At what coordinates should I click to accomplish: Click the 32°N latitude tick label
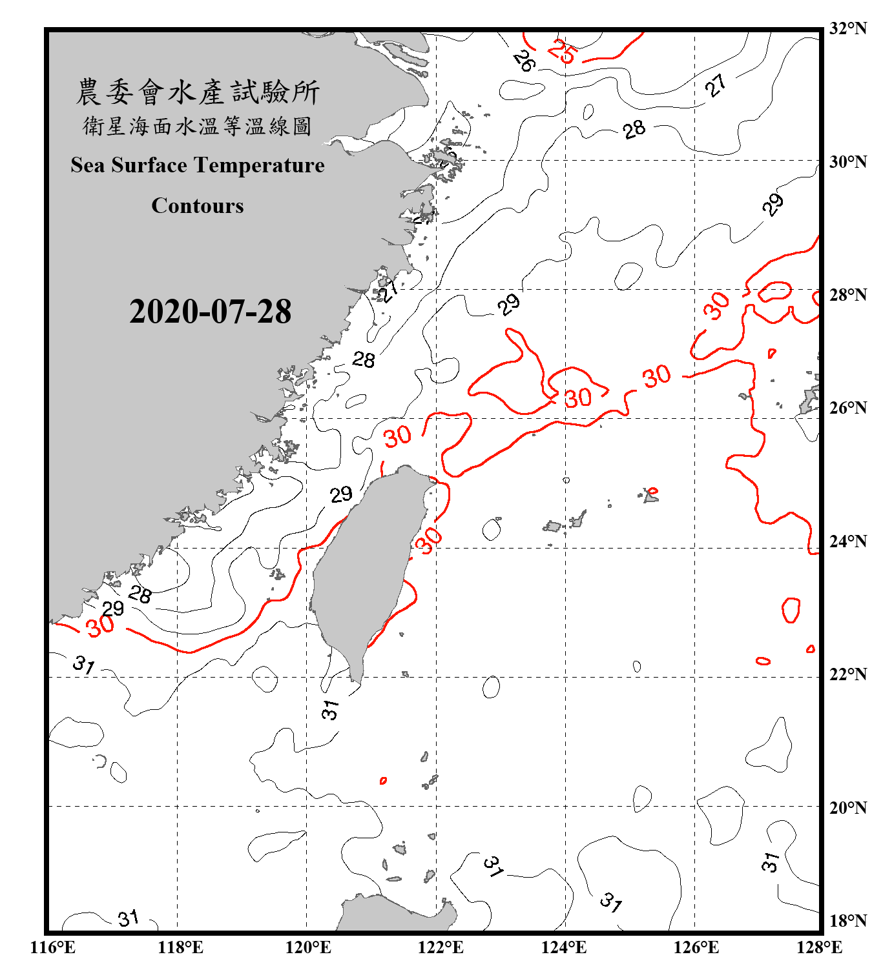pyautogui.click(x=847, y=28)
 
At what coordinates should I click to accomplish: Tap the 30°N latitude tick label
pyautogui.click(x=847, y=162)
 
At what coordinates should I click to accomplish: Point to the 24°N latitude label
pyautogui.click(x=847, y=541)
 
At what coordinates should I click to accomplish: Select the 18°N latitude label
pyautogui.click(x=847, y=920)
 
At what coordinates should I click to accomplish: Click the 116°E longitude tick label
pyautogui.click(x=53, y=947)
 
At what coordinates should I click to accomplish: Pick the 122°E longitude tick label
pyautogui.click(x=441, y=947)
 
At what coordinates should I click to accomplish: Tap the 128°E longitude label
pyautogui.click(x=819, y=947)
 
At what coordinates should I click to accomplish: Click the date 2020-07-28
pyautogui.click(x=210, y=312)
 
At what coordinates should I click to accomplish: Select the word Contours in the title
pyautogui.click(x=198, y=206)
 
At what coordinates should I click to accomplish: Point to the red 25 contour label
pyautogui.click(x=561, y=51)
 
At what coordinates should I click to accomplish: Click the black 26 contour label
pyautogui.click(x=524, y=61)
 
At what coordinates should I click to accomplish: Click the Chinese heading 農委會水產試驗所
pyautogui.click(x=198, y=92)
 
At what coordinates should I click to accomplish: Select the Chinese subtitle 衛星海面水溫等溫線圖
pyautogui.click(x=198, y=126)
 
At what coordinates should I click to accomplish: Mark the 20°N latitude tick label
pyautogui.click(x=847, y=807)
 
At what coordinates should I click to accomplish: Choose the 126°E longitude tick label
pyautogui.click(x=696, y=947)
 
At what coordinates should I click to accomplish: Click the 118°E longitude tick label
pyautogui.click(x=180, y=947)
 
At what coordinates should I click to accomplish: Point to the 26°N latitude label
pyautogui.click(x=847, y=408)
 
